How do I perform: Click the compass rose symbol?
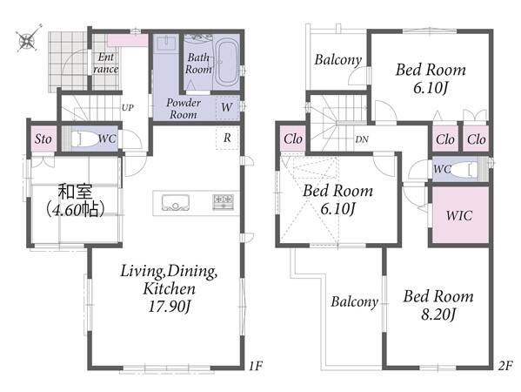coord(28,39)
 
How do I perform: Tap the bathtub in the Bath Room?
coord(227,63)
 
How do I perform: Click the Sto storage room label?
coord(43,139)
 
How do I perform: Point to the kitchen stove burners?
coord(223,202)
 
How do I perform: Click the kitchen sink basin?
coord(176,203)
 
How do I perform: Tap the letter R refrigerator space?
coord(227,138)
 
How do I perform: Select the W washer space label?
coord(227,107)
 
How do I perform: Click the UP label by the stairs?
coord(128,108)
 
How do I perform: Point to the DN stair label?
coord(362,139)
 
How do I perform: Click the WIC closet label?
coord(459,216)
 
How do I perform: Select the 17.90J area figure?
coord(170,306)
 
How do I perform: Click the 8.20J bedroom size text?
coord(438,314)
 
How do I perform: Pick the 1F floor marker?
coord(256,366)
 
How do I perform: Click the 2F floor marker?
coord(505,366)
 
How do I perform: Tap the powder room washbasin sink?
coord(166,44)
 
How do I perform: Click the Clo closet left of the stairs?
coord(293,139)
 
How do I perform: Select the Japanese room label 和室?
coord(76,192)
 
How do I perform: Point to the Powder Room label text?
coord(184,109)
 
